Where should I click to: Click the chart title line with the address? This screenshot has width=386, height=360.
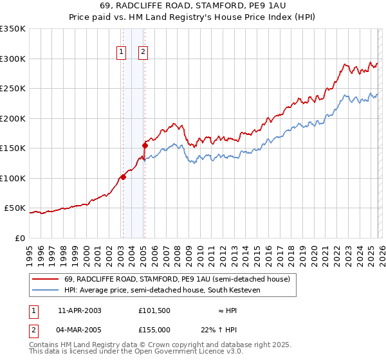pyautogui.click(x=193, y=6)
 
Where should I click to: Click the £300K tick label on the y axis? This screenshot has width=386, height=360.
pyautogui.click(x=13, y=59)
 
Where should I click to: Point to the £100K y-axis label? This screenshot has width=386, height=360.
pyautogui.click(x=13, y=178)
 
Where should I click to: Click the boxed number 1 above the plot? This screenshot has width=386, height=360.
pyautogui.click(x=122, y=53)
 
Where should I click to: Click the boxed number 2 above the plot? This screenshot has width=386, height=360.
pyautogui.click(x=143, y=53)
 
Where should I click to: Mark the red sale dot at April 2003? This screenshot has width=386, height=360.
pyautogui.click(x=123, y=177)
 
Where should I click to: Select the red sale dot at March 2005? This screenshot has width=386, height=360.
pyautogui.click(x=145, y=145)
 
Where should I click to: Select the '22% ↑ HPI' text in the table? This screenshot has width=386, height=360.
pyautogui.click(x=227, y=330)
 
